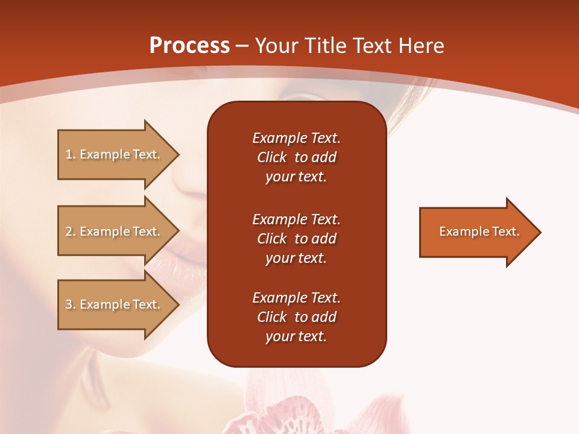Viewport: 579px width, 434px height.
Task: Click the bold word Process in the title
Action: (189, 46)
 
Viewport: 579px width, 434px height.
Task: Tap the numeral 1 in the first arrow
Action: (69, 154)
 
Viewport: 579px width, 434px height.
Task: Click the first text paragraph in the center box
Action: (296, 157)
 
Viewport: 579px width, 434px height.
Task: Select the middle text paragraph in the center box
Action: (296, 239)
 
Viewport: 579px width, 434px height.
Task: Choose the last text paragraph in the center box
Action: (296, 317)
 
